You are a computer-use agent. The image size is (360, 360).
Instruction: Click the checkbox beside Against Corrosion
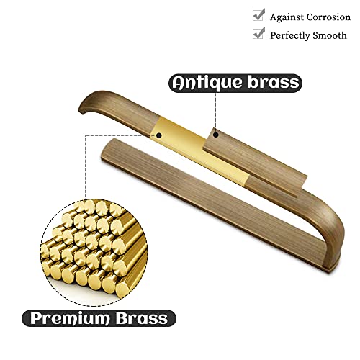point(258,15)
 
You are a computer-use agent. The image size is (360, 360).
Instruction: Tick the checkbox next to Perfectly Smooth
point(258,33)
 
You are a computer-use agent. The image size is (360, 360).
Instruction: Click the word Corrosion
point(328,17)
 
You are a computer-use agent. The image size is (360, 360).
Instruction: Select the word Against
point(287,18)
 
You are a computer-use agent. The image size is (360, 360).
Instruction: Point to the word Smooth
point(330,35)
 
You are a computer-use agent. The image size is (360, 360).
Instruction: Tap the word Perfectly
point(290,36)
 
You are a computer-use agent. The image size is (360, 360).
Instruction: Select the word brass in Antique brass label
point(274,82)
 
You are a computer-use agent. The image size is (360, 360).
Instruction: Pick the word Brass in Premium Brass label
point(142,318)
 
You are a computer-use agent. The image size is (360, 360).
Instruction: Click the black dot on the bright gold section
point(158,135)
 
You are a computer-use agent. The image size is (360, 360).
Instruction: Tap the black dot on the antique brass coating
point(216,135)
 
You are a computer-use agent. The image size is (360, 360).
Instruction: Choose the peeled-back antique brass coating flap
point(255,163)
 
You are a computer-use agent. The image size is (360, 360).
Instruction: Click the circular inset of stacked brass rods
point(94,252)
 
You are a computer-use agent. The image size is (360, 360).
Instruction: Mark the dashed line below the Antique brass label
point(216,112)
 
